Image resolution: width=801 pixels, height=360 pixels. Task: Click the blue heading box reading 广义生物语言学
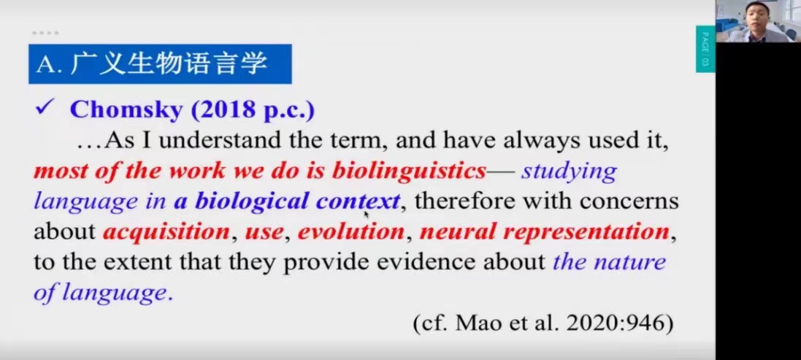(x=160, y=64)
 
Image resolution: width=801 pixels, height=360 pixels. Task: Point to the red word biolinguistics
(x=409, y=171)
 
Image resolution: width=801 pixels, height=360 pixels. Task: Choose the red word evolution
(x=351, y=231)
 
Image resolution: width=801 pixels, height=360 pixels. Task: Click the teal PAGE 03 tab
(x=705, y=49)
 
